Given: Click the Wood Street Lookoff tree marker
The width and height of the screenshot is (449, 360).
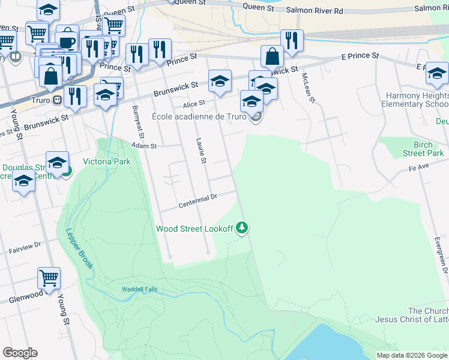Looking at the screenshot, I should click(x=242, y=227).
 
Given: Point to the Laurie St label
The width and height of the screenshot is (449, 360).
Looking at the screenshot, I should click(x=202, y=151).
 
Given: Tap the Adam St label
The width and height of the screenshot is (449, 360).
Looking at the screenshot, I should click(x=144, y=146).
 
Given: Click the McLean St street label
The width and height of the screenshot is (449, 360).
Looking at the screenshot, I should click(x=308, y=87).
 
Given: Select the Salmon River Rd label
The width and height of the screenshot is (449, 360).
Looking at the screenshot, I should click(x=314, y=10).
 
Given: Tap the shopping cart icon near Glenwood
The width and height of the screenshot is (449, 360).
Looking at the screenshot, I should click(x=49, y=277).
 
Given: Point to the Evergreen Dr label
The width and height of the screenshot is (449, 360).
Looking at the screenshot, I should click(x=442, y=253).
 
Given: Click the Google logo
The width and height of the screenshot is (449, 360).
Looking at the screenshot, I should click(x=20, y=353).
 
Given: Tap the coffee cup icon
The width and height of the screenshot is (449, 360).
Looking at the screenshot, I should click(x=67, y=40).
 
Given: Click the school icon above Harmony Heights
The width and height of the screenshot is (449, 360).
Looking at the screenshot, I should click(x=436, y=74).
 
